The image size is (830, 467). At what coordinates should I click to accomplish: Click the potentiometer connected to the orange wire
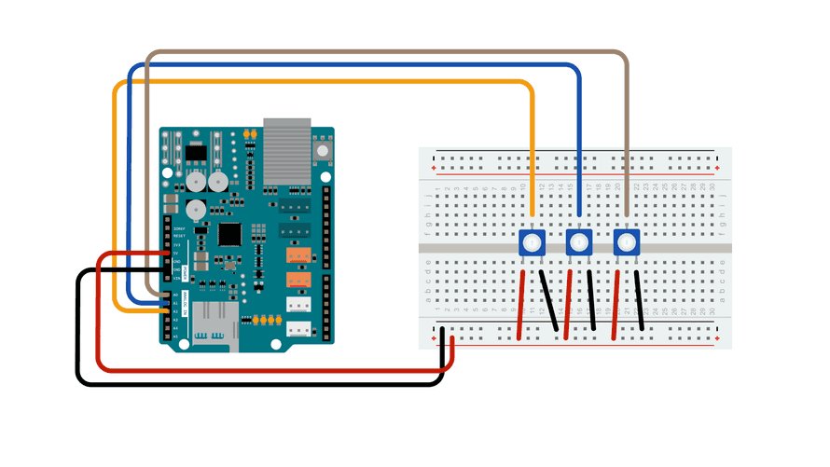pos(532,244)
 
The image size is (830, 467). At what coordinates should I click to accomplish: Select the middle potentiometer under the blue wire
pos(579,244)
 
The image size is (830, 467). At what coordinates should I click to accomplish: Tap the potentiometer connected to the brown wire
pos(626,244)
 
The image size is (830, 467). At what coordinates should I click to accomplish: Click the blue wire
pos(354,65)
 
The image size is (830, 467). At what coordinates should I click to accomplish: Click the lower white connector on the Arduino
pos(297,328)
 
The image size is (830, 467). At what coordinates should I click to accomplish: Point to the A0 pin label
pos(174,295)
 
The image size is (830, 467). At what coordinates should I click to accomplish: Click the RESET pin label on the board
pos(177,236)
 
